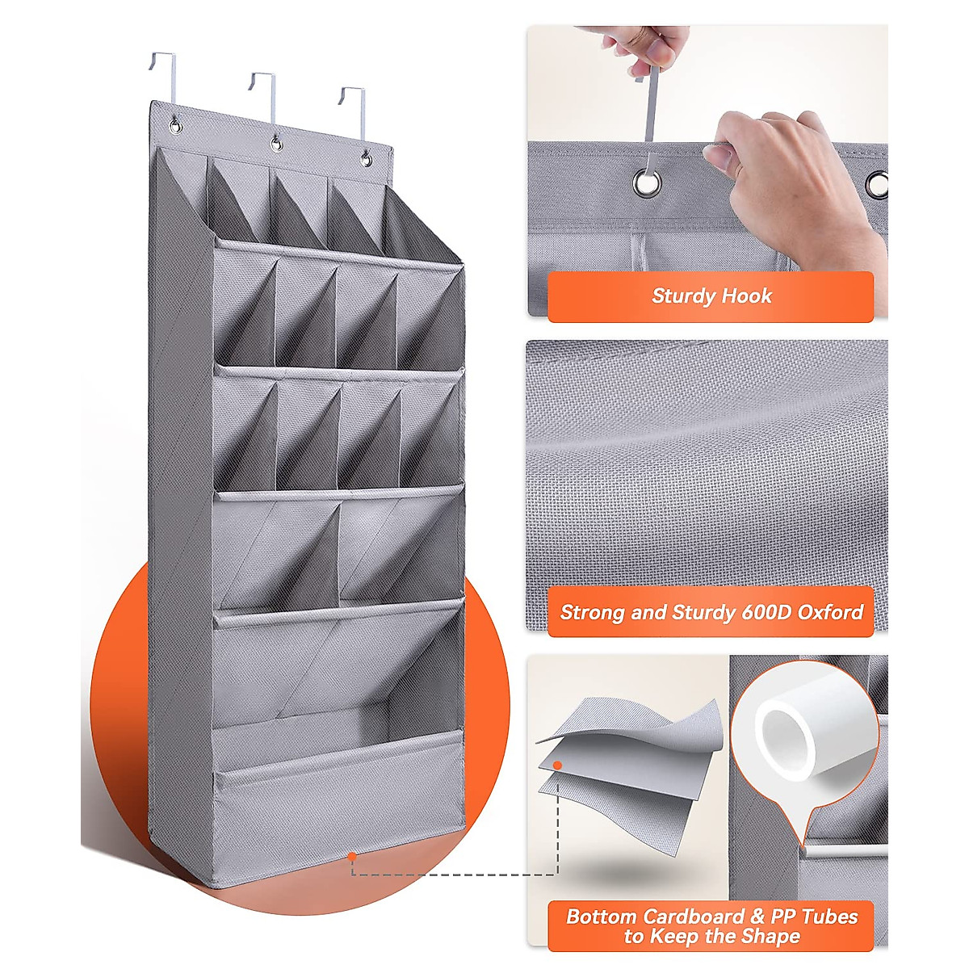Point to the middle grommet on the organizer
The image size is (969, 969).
(x=276, y=144)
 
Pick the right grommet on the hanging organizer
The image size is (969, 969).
(x=366, y=158)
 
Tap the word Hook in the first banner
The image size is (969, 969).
(x=747, y=296)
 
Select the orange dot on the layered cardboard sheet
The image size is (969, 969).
(x=556, y=764)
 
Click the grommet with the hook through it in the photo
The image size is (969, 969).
(x=645, y=183)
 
